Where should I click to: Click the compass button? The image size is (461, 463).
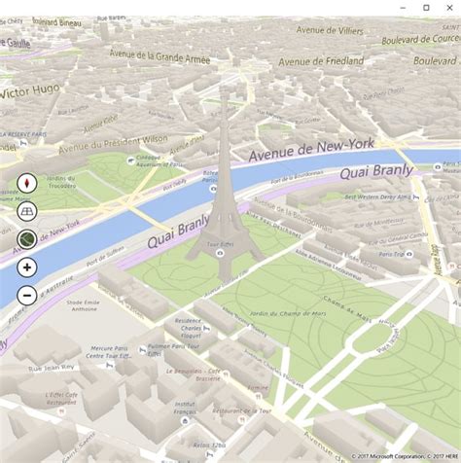pos(26,182)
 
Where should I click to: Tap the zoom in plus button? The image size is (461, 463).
pos(26,267)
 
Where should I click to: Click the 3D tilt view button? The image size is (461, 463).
pos(26,210)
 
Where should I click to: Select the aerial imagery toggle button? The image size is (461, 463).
pos(26,238)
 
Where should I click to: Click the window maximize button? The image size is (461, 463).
pos(426,8)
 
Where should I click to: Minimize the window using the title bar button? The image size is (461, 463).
pos(403,8)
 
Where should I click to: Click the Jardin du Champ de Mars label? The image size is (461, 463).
pos(258,314)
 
